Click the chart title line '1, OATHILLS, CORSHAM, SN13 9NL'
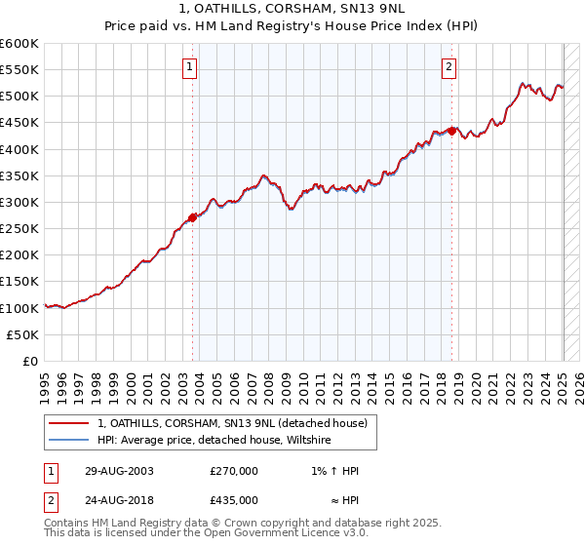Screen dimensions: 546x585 (x=292, y=10)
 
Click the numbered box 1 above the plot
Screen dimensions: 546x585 (x=191, y=67)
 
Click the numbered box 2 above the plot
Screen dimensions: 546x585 (x=448, y=67)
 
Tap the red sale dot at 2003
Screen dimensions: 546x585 (x=192, y=218)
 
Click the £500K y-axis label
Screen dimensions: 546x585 (x=20, y=97)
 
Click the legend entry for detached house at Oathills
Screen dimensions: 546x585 (x=231, y=423)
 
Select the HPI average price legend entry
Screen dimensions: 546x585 (x=214, y=441)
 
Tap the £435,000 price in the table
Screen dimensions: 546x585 (x=234, y=499)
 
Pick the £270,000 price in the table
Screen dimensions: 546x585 (x=234, y=471)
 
